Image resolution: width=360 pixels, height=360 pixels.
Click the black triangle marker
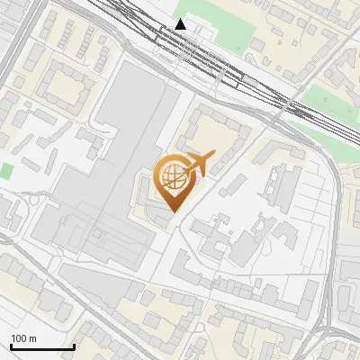[181, 24]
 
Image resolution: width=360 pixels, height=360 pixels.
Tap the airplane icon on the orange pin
[195, 165]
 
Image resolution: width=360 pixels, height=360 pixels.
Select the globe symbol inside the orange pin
[172, 177]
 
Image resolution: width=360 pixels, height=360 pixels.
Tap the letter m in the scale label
[32, 338]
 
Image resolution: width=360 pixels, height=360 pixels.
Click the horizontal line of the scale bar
[41, 347]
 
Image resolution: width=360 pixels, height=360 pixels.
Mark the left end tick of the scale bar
[10, 346]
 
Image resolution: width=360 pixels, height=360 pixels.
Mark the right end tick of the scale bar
[74, 346]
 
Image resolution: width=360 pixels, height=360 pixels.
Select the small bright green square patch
[7, 171]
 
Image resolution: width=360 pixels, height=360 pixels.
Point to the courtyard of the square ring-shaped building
[63, 87]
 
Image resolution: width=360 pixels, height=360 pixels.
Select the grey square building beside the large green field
[257, 44]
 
